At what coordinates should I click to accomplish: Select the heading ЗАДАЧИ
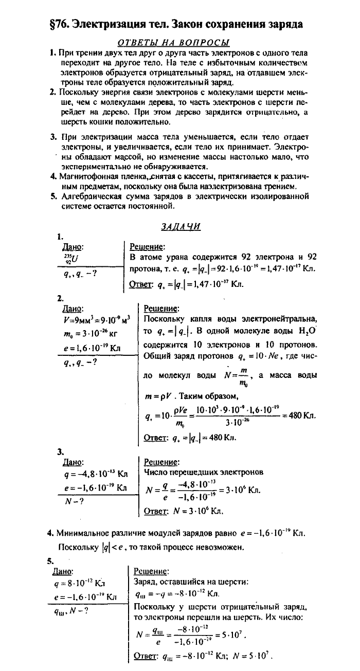(x=179, y=226)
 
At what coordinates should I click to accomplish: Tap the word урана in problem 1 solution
(x=179, y=258)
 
